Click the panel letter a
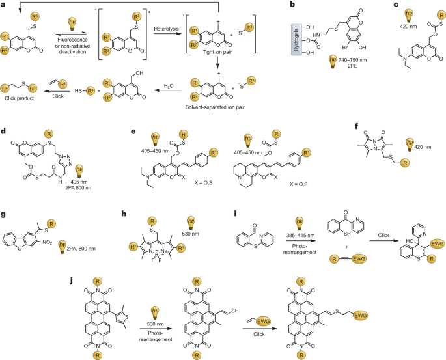(x=3, y=4)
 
